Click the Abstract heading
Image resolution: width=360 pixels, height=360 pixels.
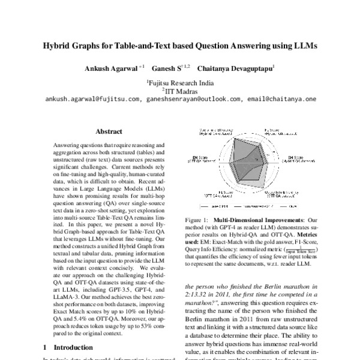pos(109,131)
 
